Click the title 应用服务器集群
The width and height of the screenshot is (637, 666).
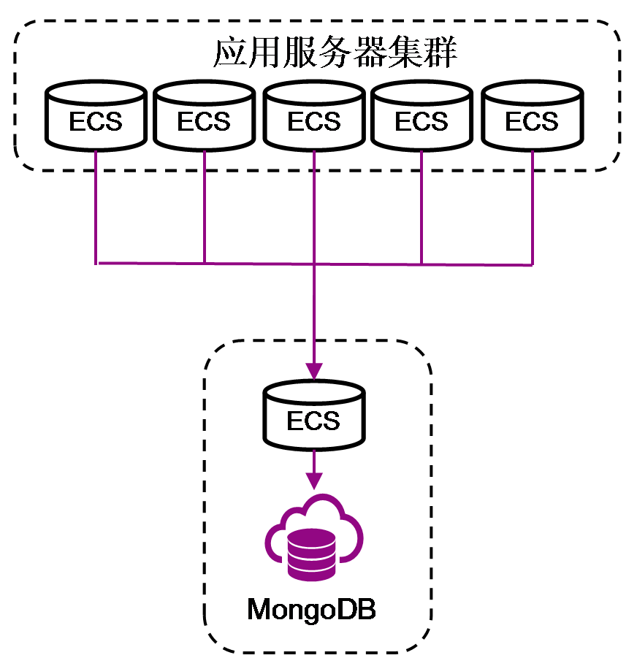coord(335,53)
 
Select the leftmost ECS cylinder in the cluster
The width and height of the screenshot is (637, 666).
coord(96,116)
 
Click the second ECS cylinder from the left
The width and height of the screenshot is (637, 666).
coord(204,116)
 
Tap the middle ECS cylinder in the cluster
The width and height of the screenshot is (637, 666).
coord(313,116)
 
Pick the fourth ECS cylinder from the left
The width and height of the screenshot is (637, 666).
coord(422,116)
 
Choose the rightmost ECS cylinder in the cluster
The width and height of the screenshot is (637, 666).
coord(532,116)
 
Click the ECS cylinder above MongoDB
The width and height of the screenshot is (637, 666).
coord(313,417)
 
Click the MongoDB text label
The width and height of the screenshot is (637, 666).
coord(311,609)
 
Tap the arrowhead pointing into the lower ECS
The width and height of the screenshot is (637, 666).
coord(313,370)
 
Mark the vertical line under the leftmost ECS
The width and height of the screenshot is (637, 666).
coord(96,208)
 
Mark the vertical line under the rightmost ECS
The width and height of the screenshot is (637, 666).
coord(532,208)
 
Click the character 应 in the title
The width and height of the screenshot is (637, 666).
coord(229,53)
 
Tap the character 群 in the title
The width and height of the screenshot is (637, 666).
coord(442,53)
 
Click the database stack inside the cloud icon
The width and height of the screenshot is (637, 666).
coord(312,554)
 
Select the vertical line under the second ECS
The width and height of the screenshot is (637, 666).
coord(204,208)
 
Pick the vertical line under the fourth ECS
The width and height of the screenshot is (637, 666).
coord(422,208)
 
